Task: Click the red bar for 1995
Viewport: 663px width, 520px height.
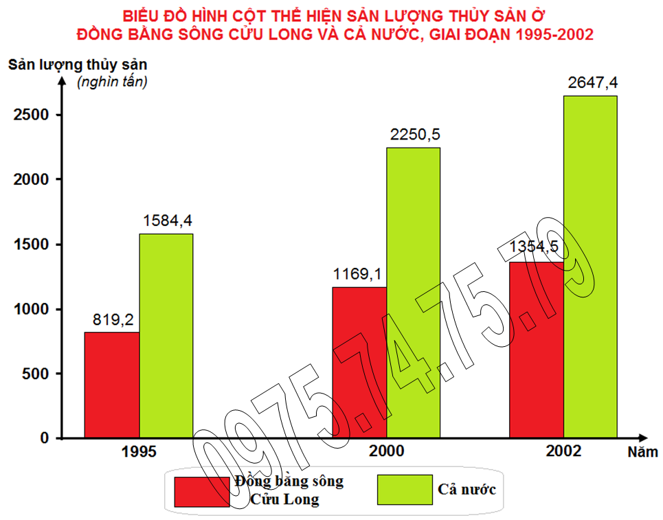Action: (111, 385)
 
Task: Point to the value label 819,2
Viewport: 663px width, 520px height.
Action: (113, 319)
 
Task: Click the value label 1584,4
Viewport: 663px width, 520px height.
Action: (168, 221)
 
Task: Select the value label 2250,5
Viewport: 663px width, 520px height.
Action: (414, 135)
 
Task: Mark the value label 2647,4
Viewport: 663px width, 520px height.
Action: (592, 83)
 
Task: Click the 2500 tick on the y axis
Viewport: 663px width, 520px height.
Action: (32, 115)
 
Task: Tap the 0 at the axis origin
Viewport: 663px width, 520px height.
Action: (45, 438)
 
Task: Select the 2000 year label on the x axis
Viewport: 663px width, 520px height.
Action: (386, 452)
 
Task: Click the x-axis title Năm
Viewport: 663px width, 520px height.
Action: (642, 452)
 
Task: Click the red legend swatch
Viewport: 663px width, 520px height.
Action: (202, 491)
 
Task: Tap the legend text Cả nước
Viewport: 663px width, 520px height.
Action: (467, 490)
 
